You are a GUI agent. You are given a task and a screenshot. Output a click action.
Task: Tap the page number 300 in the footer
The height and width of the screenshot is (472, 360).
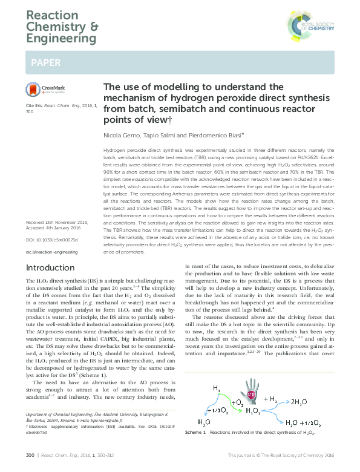(30, 464)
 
